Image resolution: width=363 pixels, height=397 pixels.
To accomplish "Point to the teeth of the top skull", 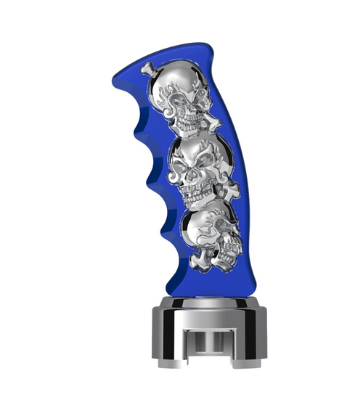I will tap(190, 125).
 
